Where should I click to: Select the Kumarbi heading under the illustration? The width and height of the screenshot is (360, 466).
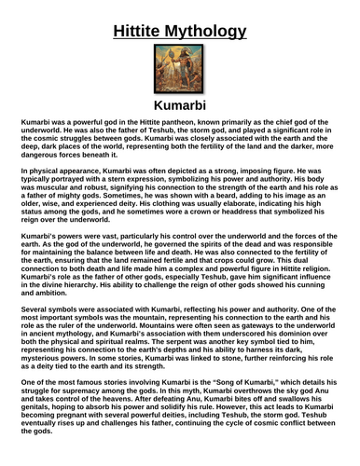tap(180, 108)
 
